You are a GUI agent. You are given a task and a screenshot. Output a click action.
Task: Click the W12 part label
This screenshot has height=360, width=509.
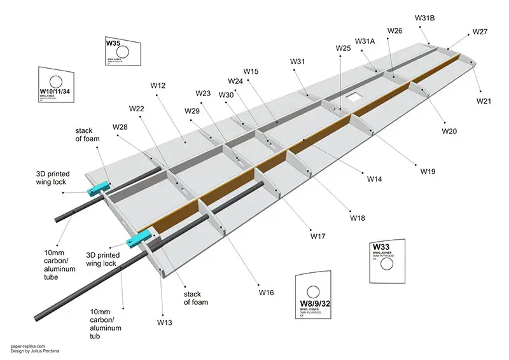point(158,85)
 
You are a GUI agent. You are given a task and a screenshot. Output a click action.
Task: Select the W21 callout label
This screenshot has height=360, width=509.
point(484,101)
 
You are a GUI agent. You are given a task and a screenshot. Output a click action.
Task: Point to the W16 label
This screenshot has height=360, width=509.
point(266,293)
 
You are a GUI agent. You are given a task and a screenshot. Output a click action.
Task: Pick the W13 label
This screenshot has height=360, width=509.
point(165,322)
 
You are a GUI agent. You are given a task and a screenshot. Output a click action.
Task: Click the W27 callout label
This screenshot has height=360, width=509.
point(480,32)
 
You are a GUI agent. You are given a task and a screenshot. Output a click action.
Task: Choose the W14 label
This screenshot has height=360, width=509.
point(374,179)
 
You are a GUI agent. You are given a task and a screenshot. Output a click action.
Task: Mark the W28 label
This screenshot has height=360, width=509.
point(120,127)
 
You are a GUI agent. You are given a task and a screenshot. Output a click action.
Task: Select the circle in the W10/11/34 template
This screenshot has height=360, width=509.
point(56,81)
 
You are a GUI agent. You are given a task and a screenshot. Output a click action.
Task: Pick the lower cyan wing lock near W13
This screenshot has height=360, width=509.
point(139,239)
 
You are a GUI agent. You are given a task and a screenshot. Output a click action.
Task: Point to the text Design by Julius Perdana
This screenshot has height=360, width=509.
point(36,353)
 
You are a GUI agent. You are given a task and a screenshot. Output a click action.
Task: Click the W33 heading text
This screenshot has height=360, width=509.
point(381,247)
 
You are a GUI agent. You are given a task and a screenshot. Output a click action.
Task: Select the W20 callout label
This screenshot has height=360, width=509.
point(449,131)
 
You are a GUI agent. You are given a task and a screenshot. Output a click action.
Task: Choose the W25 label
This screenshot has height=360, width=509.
point(343,48)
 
